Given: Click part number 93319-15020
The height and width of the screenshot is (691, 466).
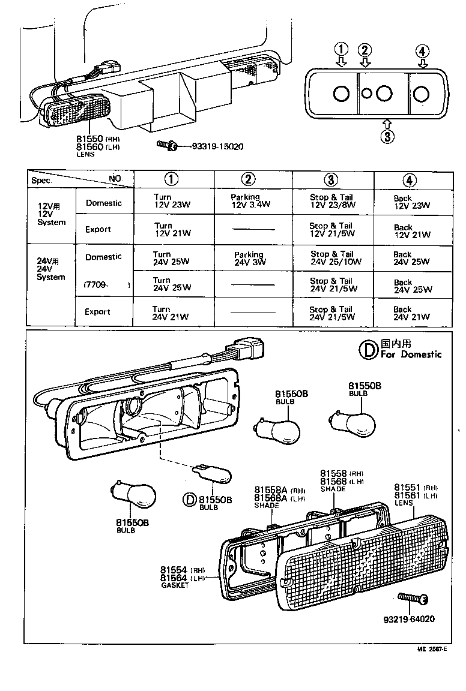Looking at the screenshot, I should (x=218, y=146).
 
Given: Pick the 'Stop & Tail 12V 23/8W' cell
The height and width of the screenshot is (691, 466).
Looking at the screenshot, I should (x=332, y=201).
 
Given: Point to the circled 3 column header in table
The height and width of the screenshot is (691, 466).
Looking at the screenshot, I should (x=331, y=179).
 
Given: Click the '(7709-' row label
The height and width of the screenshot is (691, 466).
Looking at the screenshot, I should (x=96, y=284).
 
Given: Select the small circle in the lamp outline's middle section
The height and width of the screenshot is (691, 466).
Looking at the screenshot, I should (x=366, y=93).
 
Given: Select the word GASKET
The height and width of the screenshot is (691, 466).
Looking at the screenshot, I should (x=176, y=585).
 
